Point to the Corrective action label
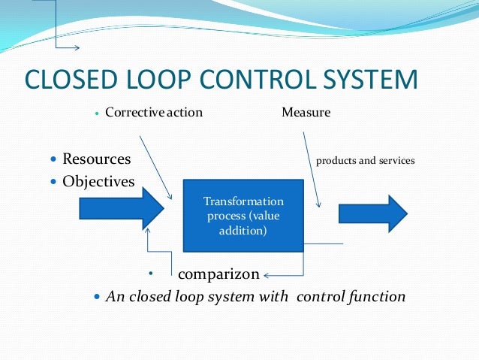pyautogui.click(x=154, y=113)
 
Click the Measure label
pyautogui.click(x=306, y=113)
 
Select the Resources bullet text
pyautogui.click(x=97, y=159)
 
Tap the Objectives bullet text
pyautogui.click(x=98, y=182)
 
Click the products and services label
pyautogui.click(x=365, y=161)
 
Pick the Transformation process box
pyautogui.click(x=243, y=216)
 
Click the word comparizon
pyautogui.click(x=218, y=274)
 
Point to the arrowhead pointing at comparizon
pyautogui.click(x=267, y=274)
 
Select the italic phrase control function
pyautogui.click(x=351, y=296)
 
